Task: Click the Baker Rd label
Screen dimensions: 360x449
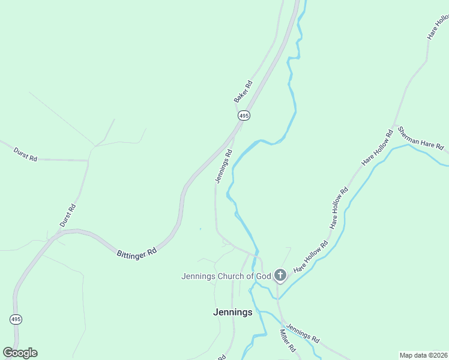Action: [x=243, y=91]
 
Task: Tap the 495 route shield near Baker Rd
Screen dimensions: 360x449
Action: [x=243, y=115]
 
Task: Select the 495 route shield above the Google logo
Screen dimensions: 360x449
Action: [x=16, y=319]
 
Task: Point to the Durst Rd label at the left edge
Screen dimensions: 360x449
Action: [x=25, y=154]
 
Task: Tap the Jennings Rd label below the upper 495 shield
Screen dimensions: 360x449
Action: [x=223, y=167]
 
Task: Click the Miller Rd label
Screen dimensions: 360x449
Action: [x=288, y=340]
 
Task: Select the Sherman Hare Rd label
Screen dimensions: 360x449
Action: [x=421, y=139]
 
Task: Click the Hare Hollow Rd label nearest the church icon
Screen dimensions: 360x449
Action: [x=310, y=257]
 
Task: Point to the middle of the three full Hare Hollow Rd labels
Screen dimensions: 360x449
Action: [x=339, y=208]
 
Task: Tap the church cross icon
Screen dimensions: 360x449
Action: [x=280, y=275]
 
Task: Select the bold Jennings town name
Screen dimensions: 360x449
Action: [x=233, y=312]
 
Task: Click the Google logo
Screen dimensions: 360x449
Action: [x=20, y=353]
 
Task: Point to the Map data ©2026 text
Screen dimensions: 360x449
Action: [x=424, y=355]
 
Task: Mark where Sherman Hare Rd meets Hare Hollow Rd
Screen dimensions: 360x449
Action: [x=394, y=127]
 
